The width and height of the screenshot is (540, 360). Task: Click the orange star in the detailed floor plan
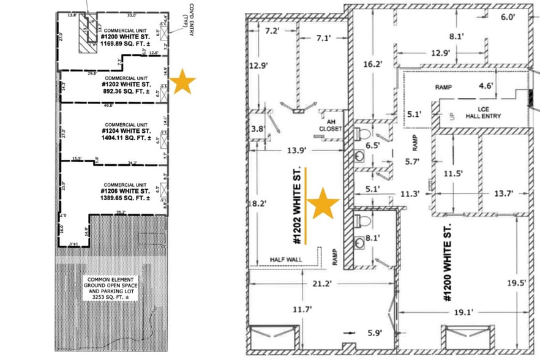point(323,204)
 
